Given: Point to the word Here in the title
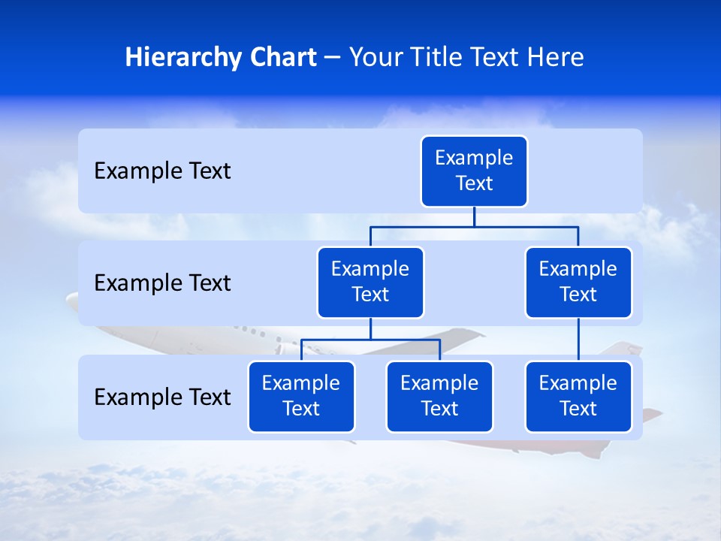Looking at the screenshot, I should click(x=556, y=58).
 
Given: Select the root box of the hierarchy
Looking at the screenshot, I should click(x=474, y=171).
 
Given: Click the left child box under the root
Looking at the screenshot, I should click(x=370, y=283).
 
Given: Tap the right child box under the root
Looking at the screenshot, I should click(x=578, y=283).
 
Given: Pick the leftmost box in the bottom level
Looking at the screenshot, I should click(x=301, y=397).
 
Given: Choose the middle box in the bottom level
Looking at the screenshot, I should click(x=439, y=397).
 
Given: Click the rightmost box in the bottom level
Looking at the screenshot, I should click(x=578, y=397).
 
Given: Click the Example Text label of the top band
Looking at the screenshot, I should click(x=162, y=171).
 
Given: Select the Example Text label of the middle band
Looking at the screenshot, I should click(x=162, y=283).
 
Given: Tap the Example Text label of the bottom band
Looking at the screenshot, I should click(x=162, y=397).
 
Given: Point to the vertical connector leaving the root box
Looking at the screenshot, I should click(x=474, y=216).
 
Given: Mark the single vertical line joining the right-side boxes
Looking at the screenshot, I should click(x=578, y=340).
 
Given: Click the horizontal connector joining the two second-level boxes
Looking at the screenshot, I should click(x=474, y=226).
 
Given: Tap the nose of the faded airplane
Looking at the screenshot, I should click(x=70, y=300).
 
